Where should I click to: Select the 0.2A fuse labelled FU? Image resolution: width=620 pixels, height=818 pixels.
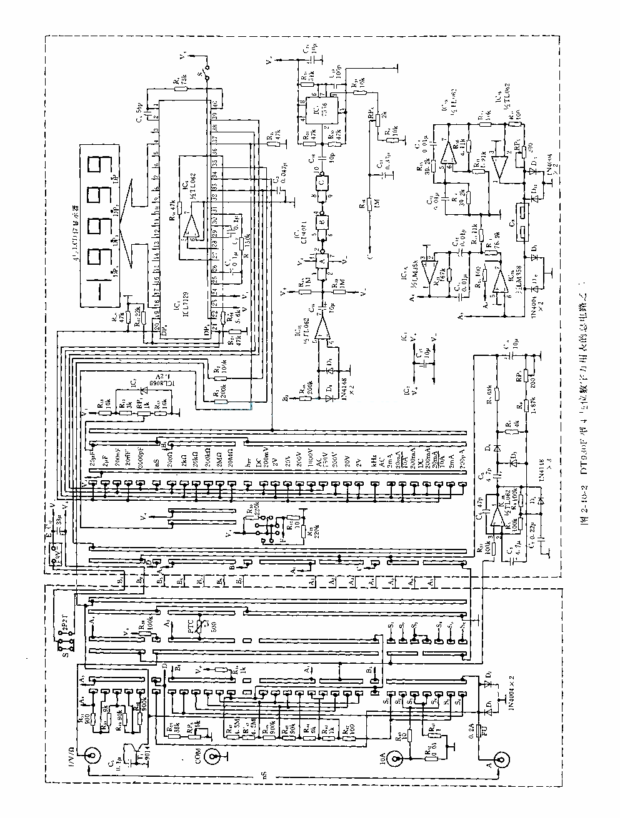coord(480,731)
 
